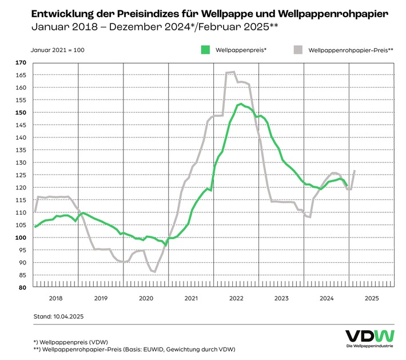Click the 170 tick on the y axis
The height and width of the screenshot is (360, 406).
click(22, 62)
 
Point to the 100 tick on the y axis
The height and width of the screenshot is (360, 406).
click(22, 238)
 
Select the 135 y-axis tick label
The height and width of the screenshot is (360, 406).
click(22, 150)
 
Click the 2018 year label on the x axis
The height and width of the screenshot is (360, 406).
click(55, 298)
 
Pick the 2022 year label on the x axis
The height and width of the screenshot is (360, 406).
click(236, 298)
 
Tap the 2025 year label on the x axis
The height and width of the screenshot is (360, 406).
click(372, 298)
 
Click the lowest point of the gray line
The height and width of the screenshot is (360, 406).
click(154, 272)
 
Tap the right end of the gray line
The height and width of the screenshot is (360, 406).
click(355, 171)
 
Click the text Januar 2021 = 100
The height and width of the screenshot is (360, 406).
click(58, 50)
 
